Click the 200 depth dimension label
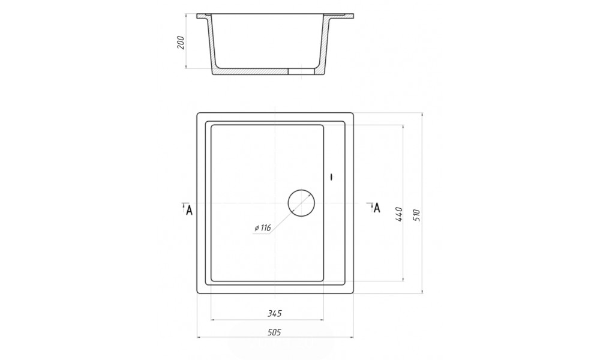click(x=181, y=43)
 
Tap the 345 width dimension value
click(x=274, y=314)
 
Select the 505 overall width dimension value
click(x=274, y=332)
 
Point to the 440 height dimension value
click(x=398, y=215)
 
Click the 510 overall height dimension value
click(x=417, y=215)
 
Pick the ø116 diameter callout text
click(x=263, y=228)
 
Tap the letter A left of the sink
click(x=188, y=210)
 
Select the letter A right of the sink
click(x=377, y=208)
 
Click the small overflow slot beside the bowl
click(x=332, y=177)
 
